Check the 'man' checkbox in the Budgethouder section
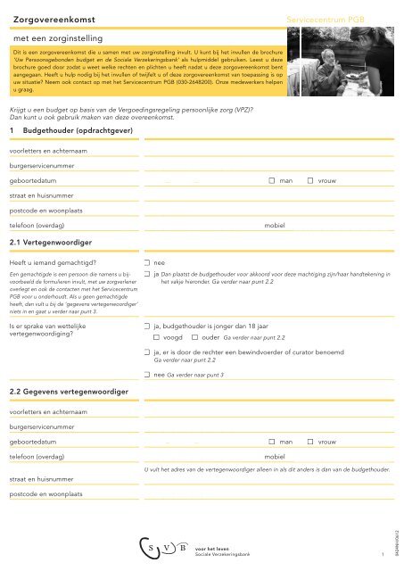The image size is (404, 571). [271, 181]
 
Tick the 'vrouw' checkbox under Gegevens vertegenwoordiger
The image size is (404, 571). [310, 442]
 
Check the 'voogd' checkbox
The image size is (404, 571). [157, 338]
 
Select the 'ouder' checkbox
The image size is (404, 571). [194, 338]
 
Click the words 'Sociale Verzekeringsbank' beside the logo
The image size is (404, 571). [224, 553]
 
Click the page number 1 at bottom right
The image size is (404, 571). [381, 554]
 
